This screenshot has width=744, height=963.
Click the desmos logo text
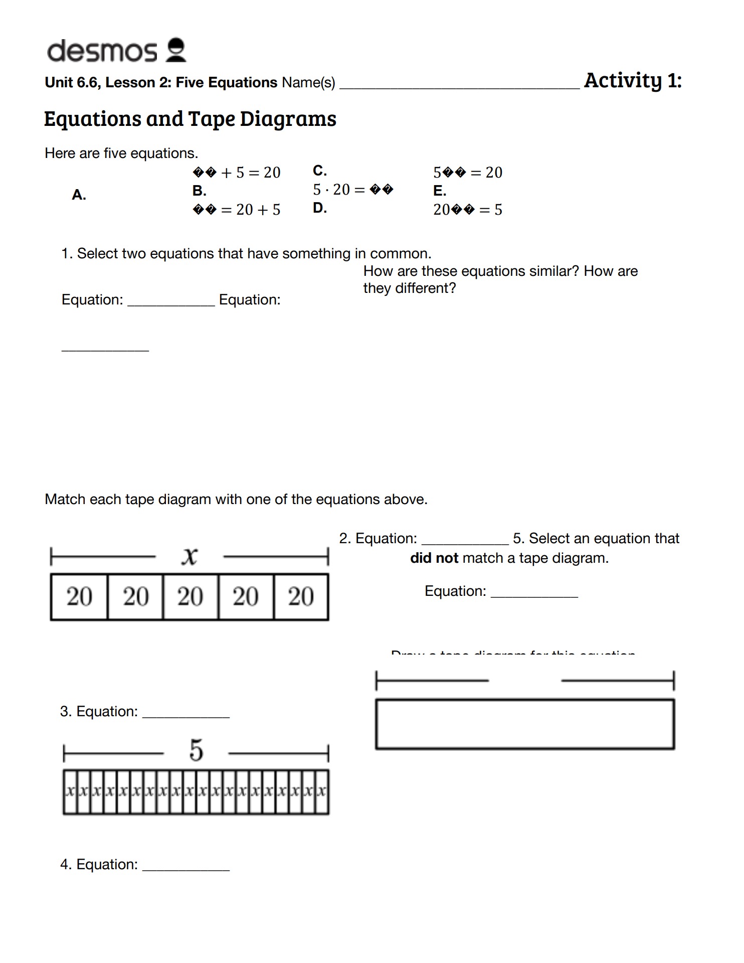coord(102,51)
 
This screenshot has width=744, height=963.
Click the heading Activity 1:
coord(633,80)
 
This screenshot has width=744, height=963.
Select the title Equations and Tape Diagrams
coord(190,119)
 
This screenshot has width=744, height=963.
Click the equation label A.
coord(79,195)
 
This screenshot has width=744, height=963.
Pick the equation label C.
coord(320,171)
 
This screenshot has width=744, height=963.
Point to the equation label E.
coord(440,191)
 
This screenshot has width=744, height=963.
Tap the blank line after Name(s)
coord(459,86)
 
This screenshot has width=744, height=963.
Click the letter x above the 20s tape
coord(190,556)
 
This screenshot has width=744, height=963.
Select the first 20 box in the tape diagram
coord(79,597)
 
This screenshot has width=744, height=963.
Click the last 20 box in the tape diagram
coord(301,597)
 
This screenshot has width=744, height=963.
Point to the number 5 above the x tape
coord(196,751)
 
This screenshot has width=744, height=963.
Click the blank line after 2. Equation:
coord(465,542)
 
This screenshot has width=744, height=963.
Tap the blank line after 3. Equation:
coord(186,715)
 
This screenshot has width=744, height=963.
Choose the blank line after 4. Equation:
coord(186,868)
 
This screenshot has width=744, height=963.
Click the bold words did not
coord(434,558)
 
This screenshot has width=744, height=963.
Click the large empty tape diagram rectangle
coord(525,724)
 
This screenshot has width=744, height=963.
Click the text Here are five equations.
coord(121,153)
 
